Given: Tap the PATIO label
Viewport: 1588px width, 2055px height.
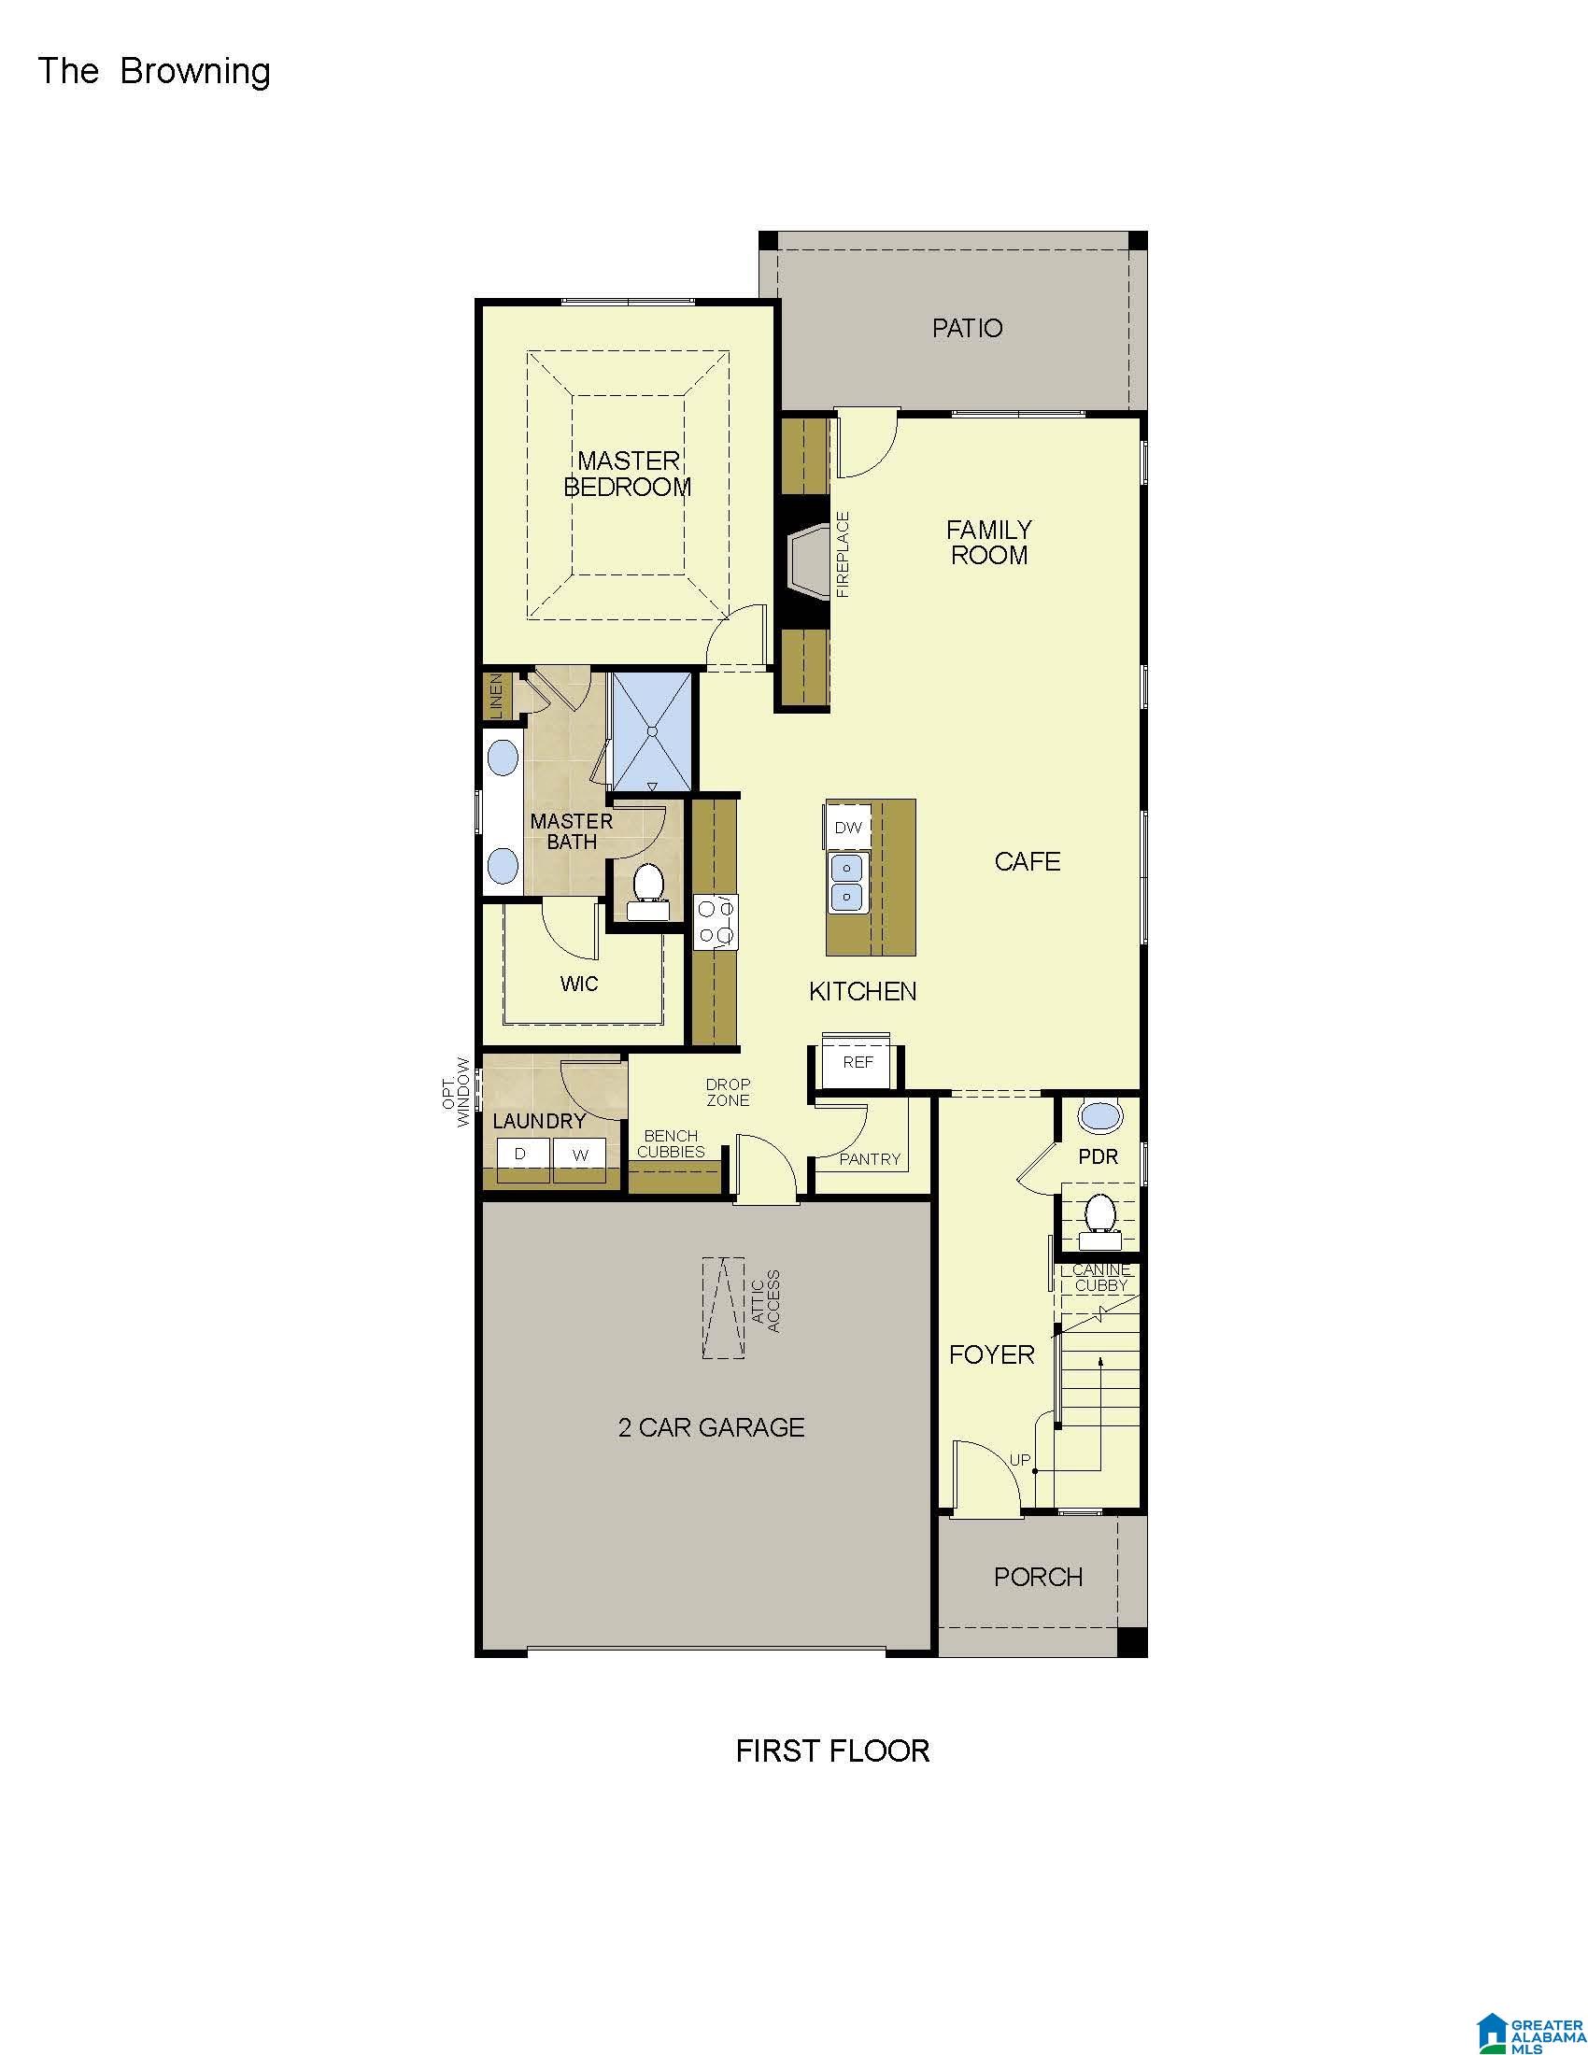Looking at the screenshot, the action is pyautogui.click(x=967, y=329).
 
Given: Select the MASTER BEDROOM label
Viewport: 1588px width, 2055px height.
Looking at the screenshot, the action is pyautogui.click(x=628, y=474).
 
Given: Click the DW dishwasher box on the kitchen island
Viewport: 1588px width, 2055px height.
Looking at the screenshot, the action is pyautogui.click(x=847, y=827).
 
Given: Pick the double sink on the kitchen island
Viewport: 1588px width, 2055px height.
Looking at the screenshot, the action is pyautogui.click(x=846, y=883).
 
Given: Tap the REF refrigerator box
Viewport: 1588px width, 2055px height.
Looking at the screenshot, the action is pyautogui.click(x=857, y=1061).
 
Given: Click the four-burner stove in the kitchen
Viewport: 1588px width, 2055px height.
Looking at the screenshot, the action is pyautogui.click(x=716, y=922).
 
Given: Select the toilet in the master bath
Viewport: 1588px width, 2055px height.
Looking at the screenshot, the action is pyautogui.click(x=648, y=890).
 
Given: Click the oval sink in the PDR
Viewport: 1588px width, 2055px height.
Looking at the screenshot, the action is pyautogui.click(x=1099, y=1117).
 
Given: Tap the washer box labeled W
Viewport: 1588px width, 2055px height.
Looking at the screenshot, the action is pyautogui.click(x=579, y=1155).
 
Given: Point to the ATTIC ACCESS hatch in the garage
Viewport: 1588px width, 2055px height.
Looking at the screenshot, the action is pyautogui.click(x=723, y=1307).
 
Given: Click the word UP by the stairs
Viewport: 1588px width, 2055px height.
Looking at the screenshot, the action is pyautogui.click(x=1020, y=1460).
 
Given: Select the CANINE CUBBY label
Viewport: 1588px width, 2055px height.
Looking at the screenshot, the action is pyautogui.click(x=1100, y=1277).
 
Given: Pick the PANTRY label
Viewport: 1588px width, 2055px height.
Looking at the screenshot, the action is pyautogui.click(x=870, y=1159).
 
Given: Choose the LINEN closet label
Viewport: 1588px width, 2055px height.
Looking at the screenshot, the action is pyautogui.click(x=496, y=695).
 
